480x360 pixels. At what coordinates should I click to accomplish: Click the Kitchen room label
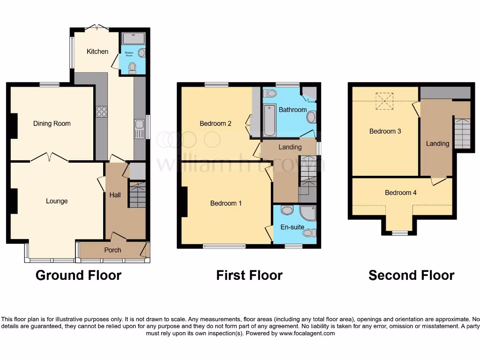tap(97, 52)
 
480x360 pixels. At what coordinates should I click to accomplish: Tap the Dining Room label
tap(52, 124)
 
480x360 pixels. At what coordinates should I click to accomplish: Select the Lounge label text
tap(57, 201)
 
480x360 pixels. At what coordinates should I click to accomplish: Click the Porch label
tap(112, 250)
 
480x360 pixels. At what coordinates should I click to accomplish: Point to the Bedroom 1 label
tap(226, 203)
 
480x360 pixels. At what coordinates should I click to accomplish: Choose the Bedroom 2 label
tap(216, 124)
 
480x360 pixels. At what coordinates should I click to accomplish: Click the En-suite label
tap(293, 227)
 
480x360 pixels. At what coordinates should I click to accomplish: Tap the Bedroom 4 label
tap(401, 193)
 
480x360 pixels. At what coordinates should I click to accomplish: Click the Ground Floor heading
tap(78, 275)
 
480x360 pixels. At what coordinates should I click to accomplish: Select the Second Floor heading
tap(411, 275)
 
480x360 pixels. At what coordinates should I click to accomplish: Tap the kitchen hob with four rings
tap(101, 112)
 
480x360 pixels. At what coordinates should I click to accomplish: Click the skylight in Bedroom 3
tap(385, 100)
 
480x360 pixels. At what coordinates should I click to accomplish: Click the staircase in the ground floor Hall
tap(137, 195)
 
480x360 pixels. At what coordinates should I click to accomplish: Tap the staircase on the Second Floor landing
tap(462, 133)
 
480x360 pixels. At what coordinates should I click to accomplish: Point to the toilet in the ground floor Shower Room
tap(132, 68)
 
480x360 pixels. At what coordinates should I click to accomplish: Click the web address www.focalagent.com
tap(307, 334)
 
